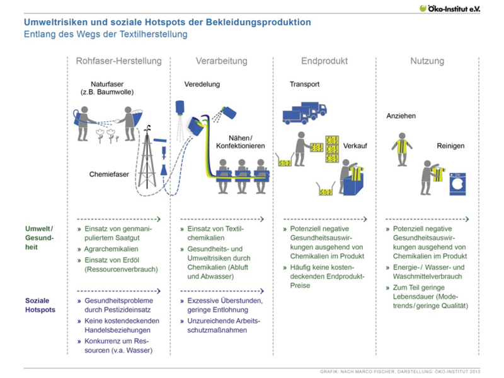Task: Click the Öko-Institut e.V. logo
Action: click(450, 8)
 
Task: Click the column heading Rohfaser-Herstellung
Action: click(118, 61)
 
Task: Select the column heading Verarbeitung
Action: click(222, 61)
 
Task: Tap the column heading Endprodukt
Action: click(324, 61)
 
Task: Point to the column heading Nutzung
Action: click(427, 61)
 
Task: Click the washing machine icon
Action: click(457, 184)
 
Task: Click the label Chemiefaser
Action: click(109, 174)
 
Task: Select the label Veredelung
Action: click(202, 85)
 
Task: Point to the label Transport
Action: click(304, 85)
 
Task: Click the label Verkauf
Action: click(355, 146)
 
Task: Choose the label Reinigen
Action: click(450, 146)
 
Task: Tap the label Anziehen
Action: click(401, 116)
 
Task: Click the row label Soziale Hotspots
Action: click(40, 305)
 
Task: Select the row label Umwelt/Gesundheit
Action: click(39, 238)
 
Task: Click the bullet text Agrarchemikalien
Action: click(112, 249)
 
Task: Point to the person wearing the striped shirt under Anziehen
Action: click(402, 149)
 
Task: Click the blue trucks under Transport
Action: click(305, 114)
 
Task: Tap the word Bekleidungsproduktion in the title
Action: click(258, 22)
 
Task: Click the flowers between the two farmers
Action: click(107, 136)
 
